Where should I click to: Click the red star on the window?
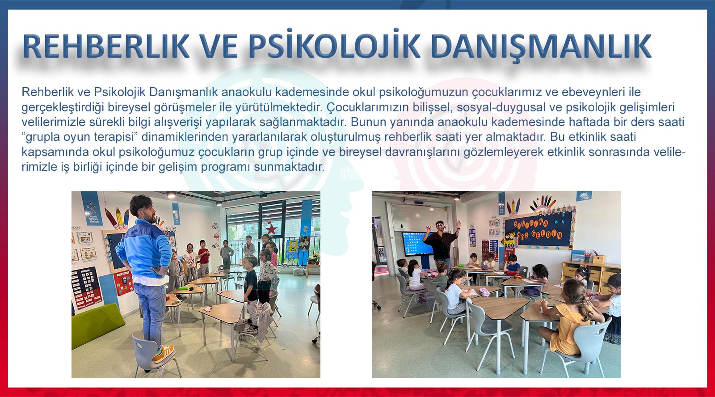pos(271,229)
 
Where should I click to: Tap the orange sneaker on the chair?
pos(163,353)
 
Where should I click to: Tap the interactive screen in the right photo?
pos(416,243)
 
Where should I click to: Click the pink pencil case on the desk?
pos(484,291)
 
